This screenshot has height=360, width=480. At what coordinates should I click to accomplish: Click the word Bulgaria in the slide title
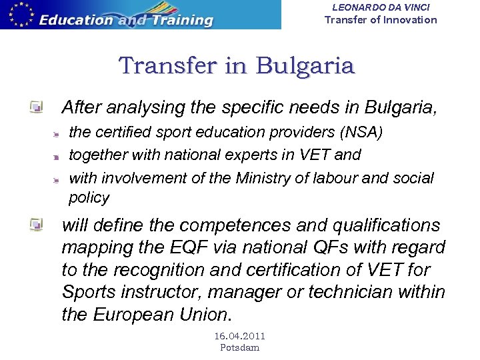point(305,66)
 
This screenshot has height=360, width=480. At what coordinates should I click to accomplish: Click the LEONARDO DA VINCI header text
point(381,7)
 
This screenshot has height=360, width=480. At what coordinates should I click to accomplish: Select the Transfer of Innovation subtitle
point(381,19)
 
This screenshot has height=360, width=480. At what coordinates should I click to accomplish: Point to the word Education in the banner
point(76,19)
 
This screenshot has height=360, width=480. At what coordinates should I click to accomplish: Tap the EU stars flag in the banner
point(18,15)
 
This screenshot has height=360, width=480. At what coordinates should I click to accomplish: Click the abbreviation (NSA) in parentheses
point(361,133)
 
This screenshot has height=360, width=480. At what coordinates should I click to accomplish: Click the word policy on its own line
point(89,197)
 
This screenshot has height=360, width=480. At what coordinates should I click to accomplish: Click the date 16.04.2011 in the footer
point(239,337)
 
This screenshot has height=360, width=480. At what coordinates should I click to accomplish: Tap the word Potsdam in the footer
point(239,347)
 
